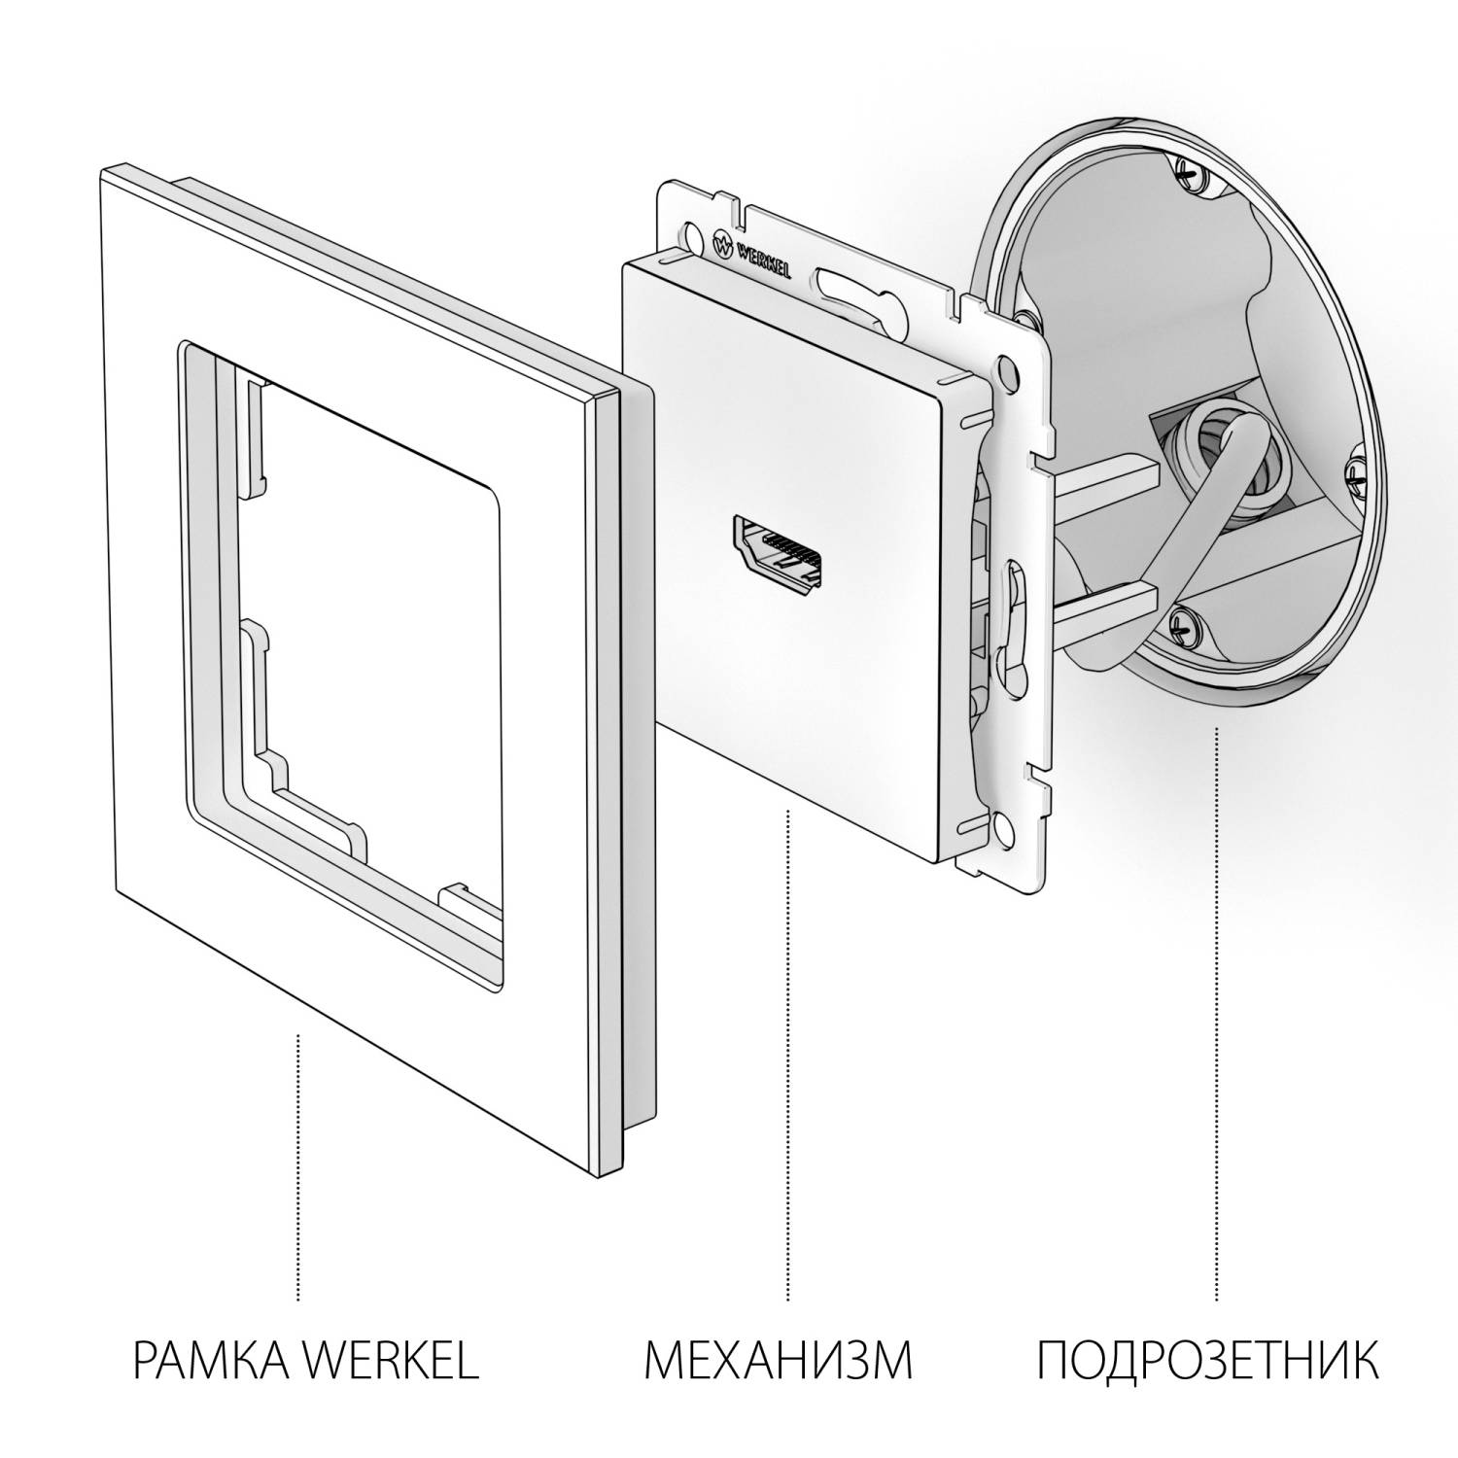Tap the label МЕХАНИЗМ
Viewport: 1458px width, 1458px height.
778,1360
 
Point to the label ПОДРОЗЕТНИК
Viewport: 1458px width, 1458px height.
1206,1360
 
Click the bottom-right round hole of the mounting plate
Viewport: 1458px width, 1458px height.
1000,830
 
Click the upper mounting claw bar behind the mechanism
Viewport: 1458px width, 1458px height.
1108,475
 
